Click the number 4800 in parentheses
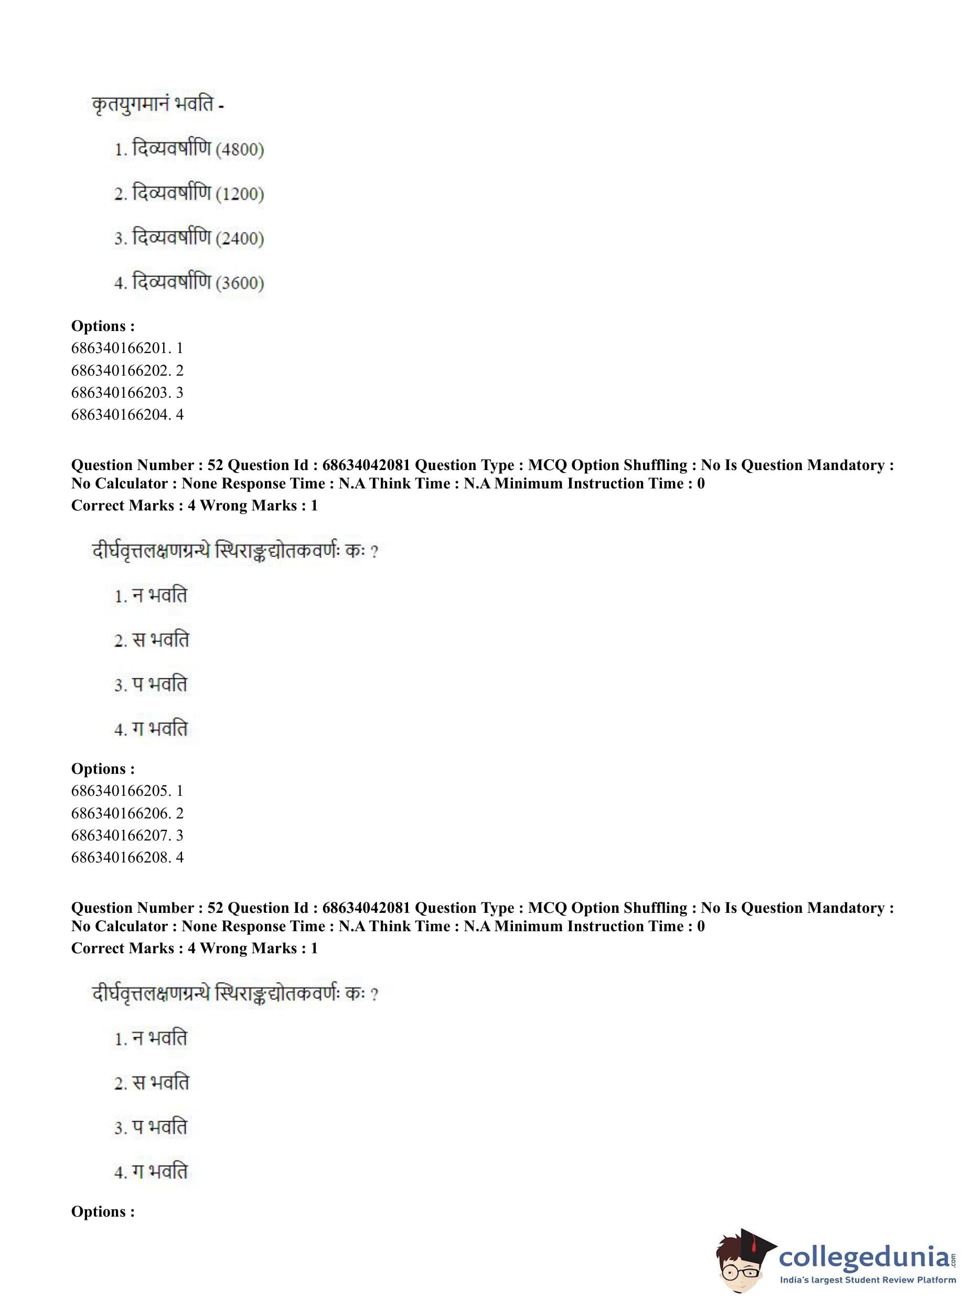pos(240,150)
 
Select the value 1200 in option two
pos(240,194)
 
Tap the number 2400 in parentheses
pos(240,239)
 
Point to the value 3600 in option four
pos(240,283)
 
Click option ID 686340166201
pos(121,348)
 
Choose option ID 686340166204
pos(121,414)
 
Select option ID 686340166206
pos(121,813)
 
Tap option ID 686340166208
pos(121,858)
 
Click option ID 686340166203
pos(121,392)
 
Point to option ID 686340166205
pos(121,791)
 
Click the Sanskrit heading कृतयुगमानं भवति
pos(153,105)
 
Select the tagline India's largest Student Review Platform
pos(868,1280)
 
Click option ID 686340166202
pos(121,370)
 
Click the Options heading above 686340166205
pos(103,769)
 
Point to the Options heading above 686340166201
pos(103,326)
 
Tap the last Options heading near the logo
pos(103,1211)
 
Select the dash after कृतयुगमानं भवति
pos(221,107)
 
